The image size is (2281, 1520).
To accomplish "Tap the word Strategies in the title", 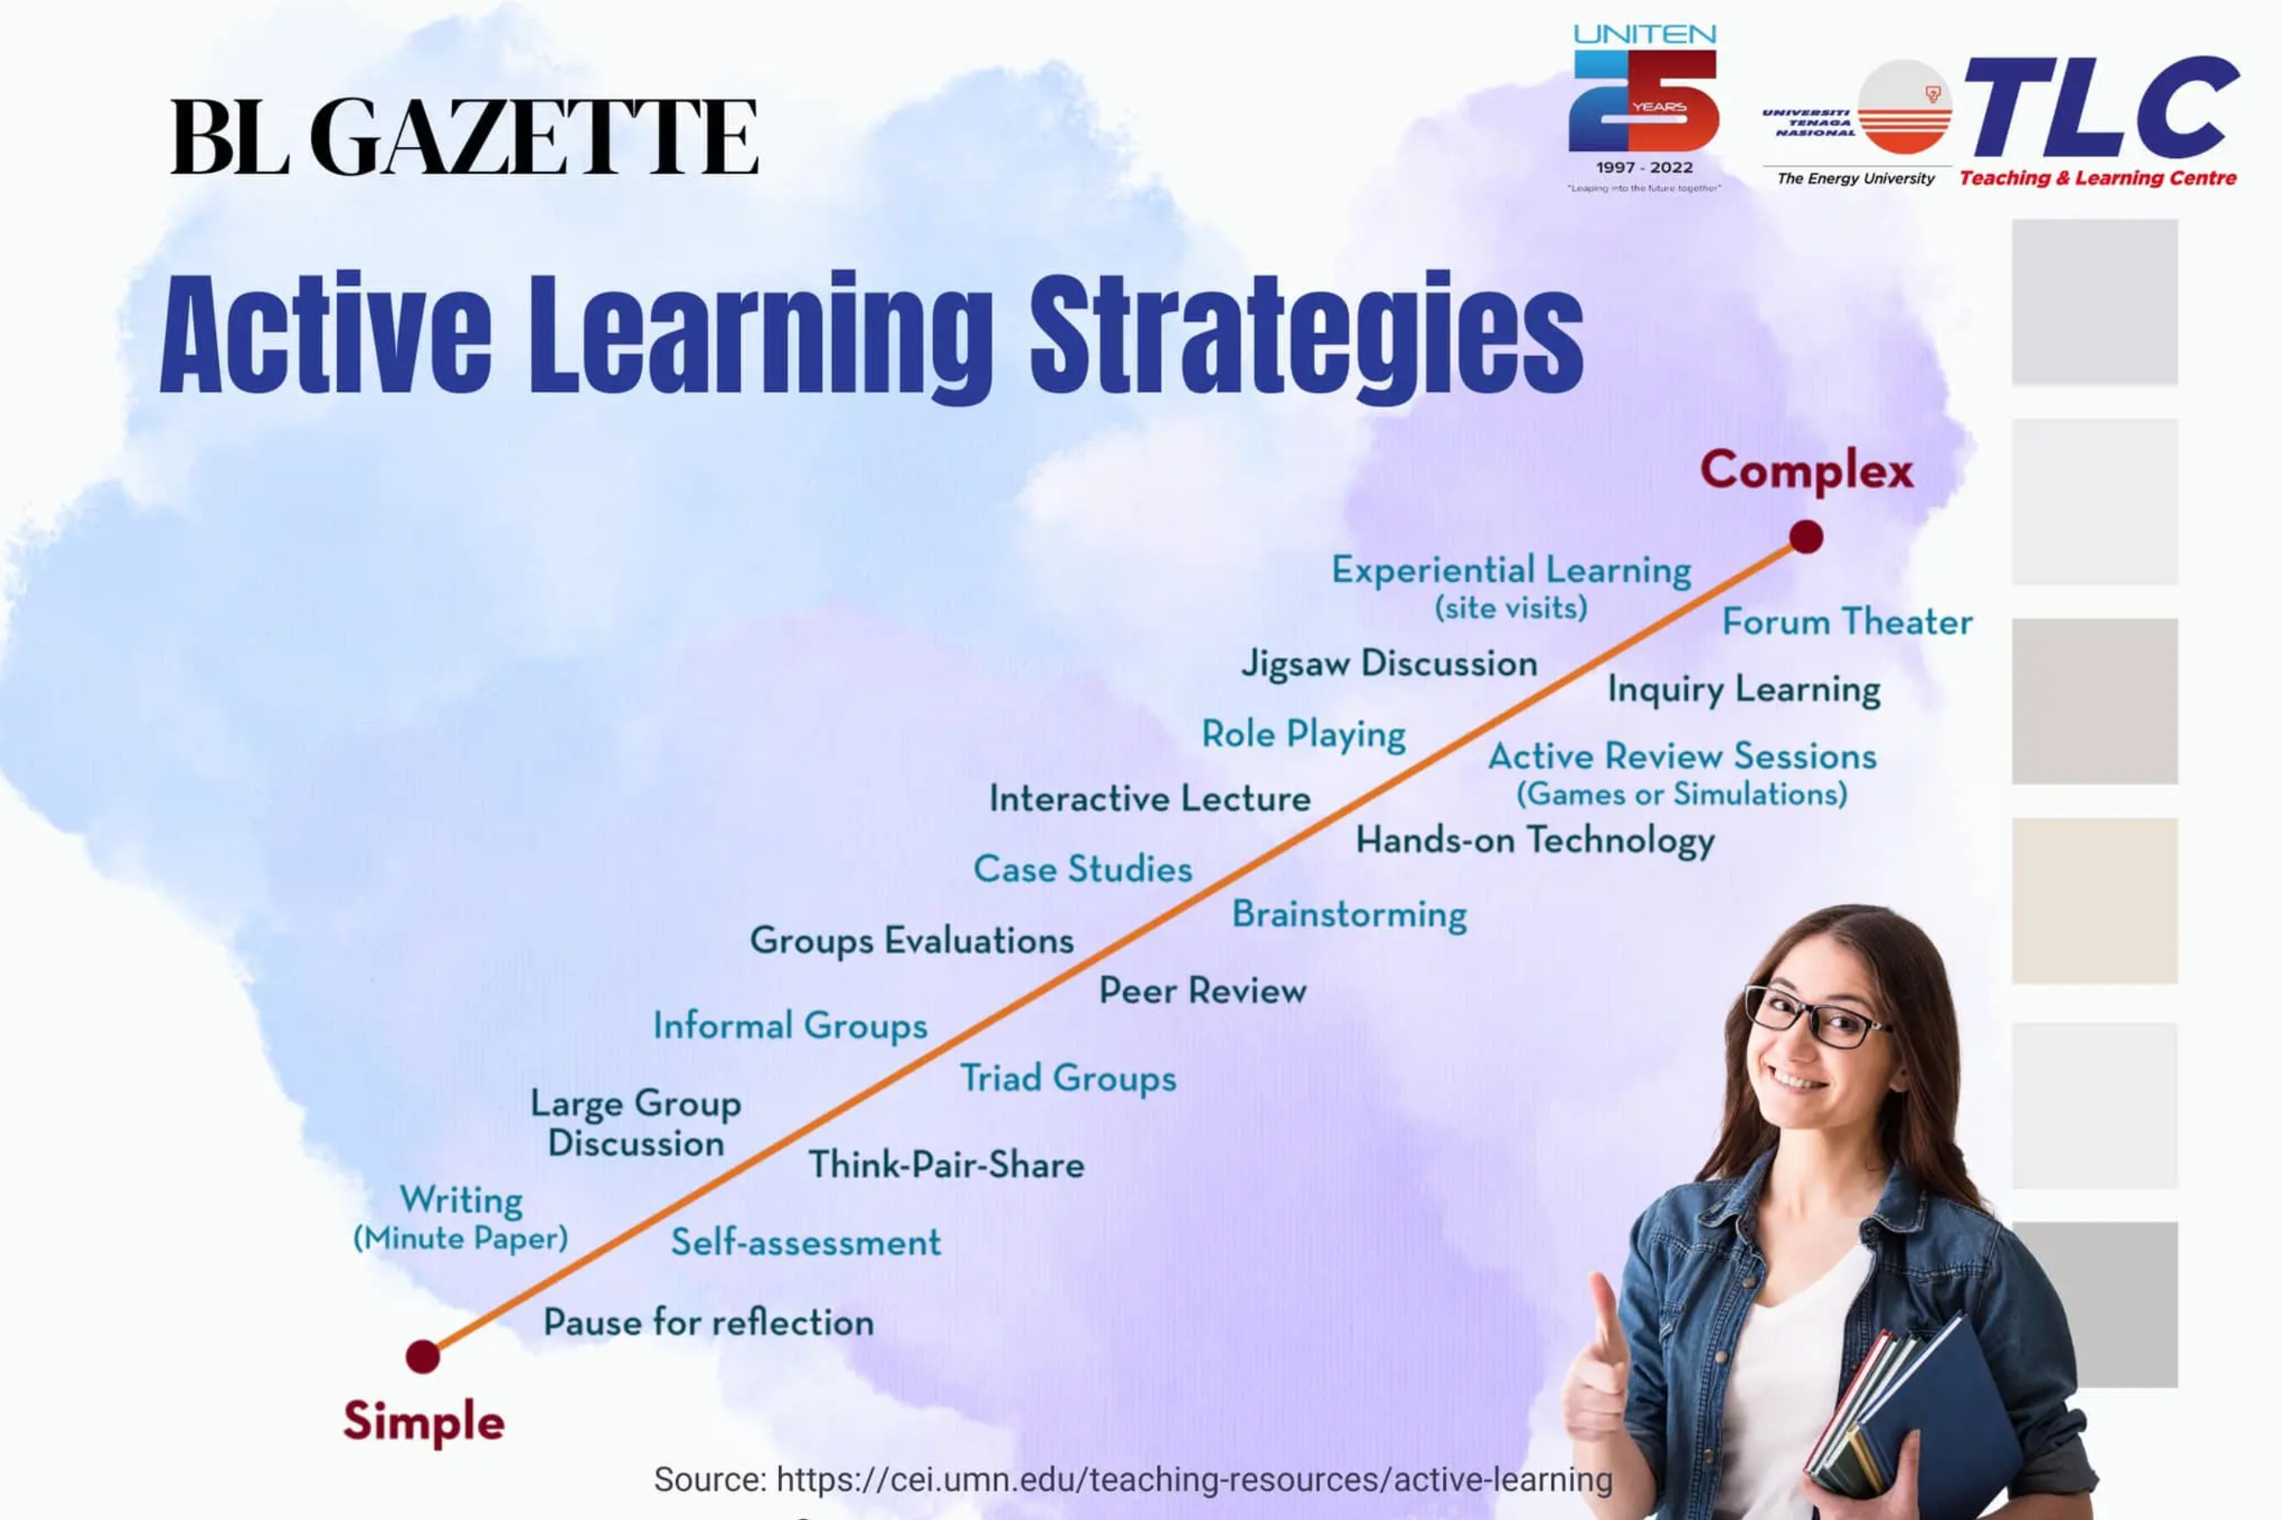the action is (1307, 335).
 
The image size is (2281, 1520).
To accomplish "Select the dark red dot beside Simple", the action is (423, 1356).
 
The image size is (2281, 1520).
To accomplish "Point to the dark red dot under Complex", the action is (1806, 536).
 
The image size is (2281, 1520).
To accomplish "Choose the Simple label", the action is (423, 1423).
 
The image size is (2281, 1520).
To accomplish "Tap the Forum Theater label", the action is (1847, 621).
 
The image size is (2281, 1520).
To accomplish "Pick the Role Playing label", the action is (1304, 735).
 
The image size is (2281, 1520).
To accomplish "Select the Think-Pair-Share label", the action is (946, 1164).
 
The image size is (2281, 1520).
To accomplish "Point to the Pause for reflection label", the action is (708, 1322).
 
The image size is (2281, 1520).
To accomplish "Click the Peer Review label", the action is (1203, 991).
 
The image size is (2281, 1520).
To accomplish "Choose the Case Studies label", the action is (1082, 868).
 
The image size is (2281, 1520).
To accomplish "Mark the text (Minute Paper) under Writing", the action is (461, 1238).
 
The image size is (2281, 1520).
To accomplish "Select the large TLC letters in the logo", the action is (2101, 108).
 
